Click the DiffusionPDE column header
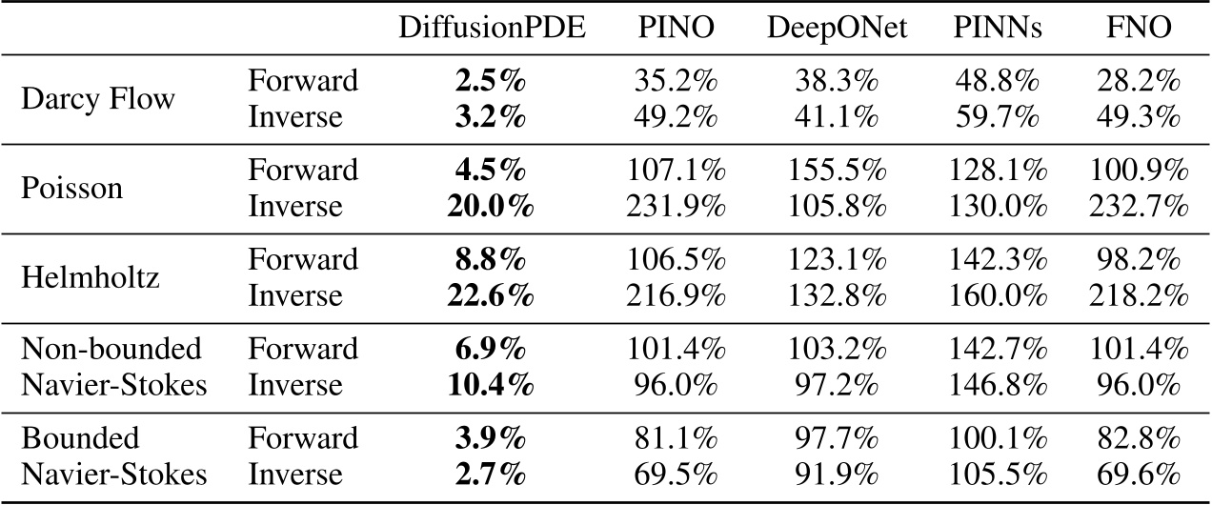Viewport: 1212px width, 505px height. tap(492, 30)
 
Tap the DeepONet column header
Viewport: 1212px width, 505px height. tap(836, 30)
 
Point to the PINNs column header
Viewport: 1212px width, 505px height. tap(997, 30)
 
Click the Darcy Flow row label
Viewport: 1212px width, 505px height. tap(99, 99)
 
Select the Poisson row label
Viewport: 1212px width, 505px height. tap(72, 188)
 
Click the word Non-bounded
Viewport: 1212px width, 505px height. tap(111, 349)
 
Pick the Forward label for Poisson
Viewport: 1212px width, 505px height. tap(303, 171)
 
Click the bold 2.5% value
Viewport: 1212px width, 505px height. tap(492, 81)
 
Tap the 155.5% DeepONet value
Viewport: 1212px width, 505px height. tap(837, 171)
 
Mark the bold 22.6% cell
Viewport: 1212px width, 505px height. tap(492, 296)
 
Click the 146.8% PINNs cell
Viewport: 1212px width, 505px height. tap(998, 385)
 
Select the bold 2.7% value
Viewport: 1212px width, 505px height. tap(492, 474)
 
